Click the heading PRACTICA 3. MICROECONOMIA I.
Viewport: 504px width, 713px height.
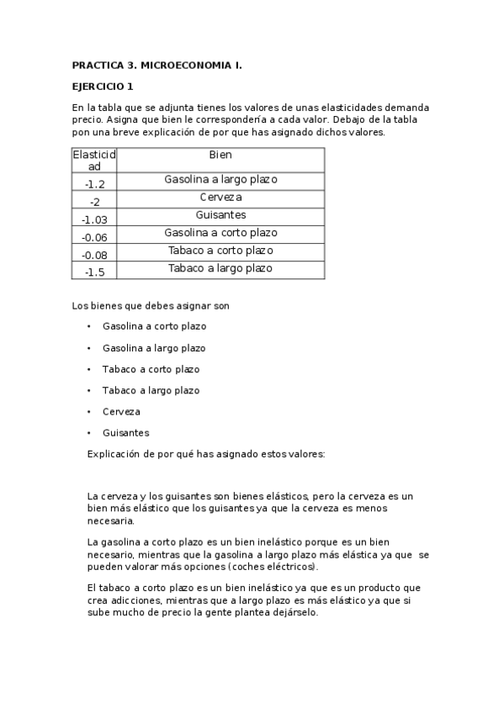click(x=157, y=65)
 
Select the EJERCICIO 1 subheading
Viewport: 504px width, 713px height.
click(x=102, y=87)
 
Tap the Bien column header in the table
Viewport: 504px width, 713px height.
click(x=220, y=155)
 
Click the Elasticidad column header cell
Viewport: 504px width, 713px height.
click(x=94, y=161)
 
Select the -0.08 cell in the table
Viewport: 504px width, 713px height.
click(x=94, y=255)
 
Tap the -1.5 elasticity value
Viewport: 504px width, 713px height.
click(x=94, y=272)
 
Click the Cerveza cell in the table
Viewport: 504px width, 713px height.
click(x=220, y=197)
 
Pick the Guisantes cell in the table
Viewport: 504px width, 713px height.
click(x=220, y=214)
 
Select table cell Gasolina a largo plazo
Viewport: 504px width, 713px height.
click(x=220, y=179)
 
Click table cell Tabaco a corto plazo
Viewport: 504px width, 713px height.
click(x=220, y=251)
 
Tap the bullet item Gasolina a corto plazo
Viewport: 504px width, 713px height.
click(x=154, y=326)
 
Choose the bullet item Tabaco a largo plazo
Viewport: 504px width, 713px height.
click(x=151, y=390)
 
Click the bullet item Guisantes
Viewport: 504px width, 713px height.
click(x=125, y=433)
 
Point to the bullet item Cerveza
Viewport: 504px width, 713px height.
click(x=121, y=412)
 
